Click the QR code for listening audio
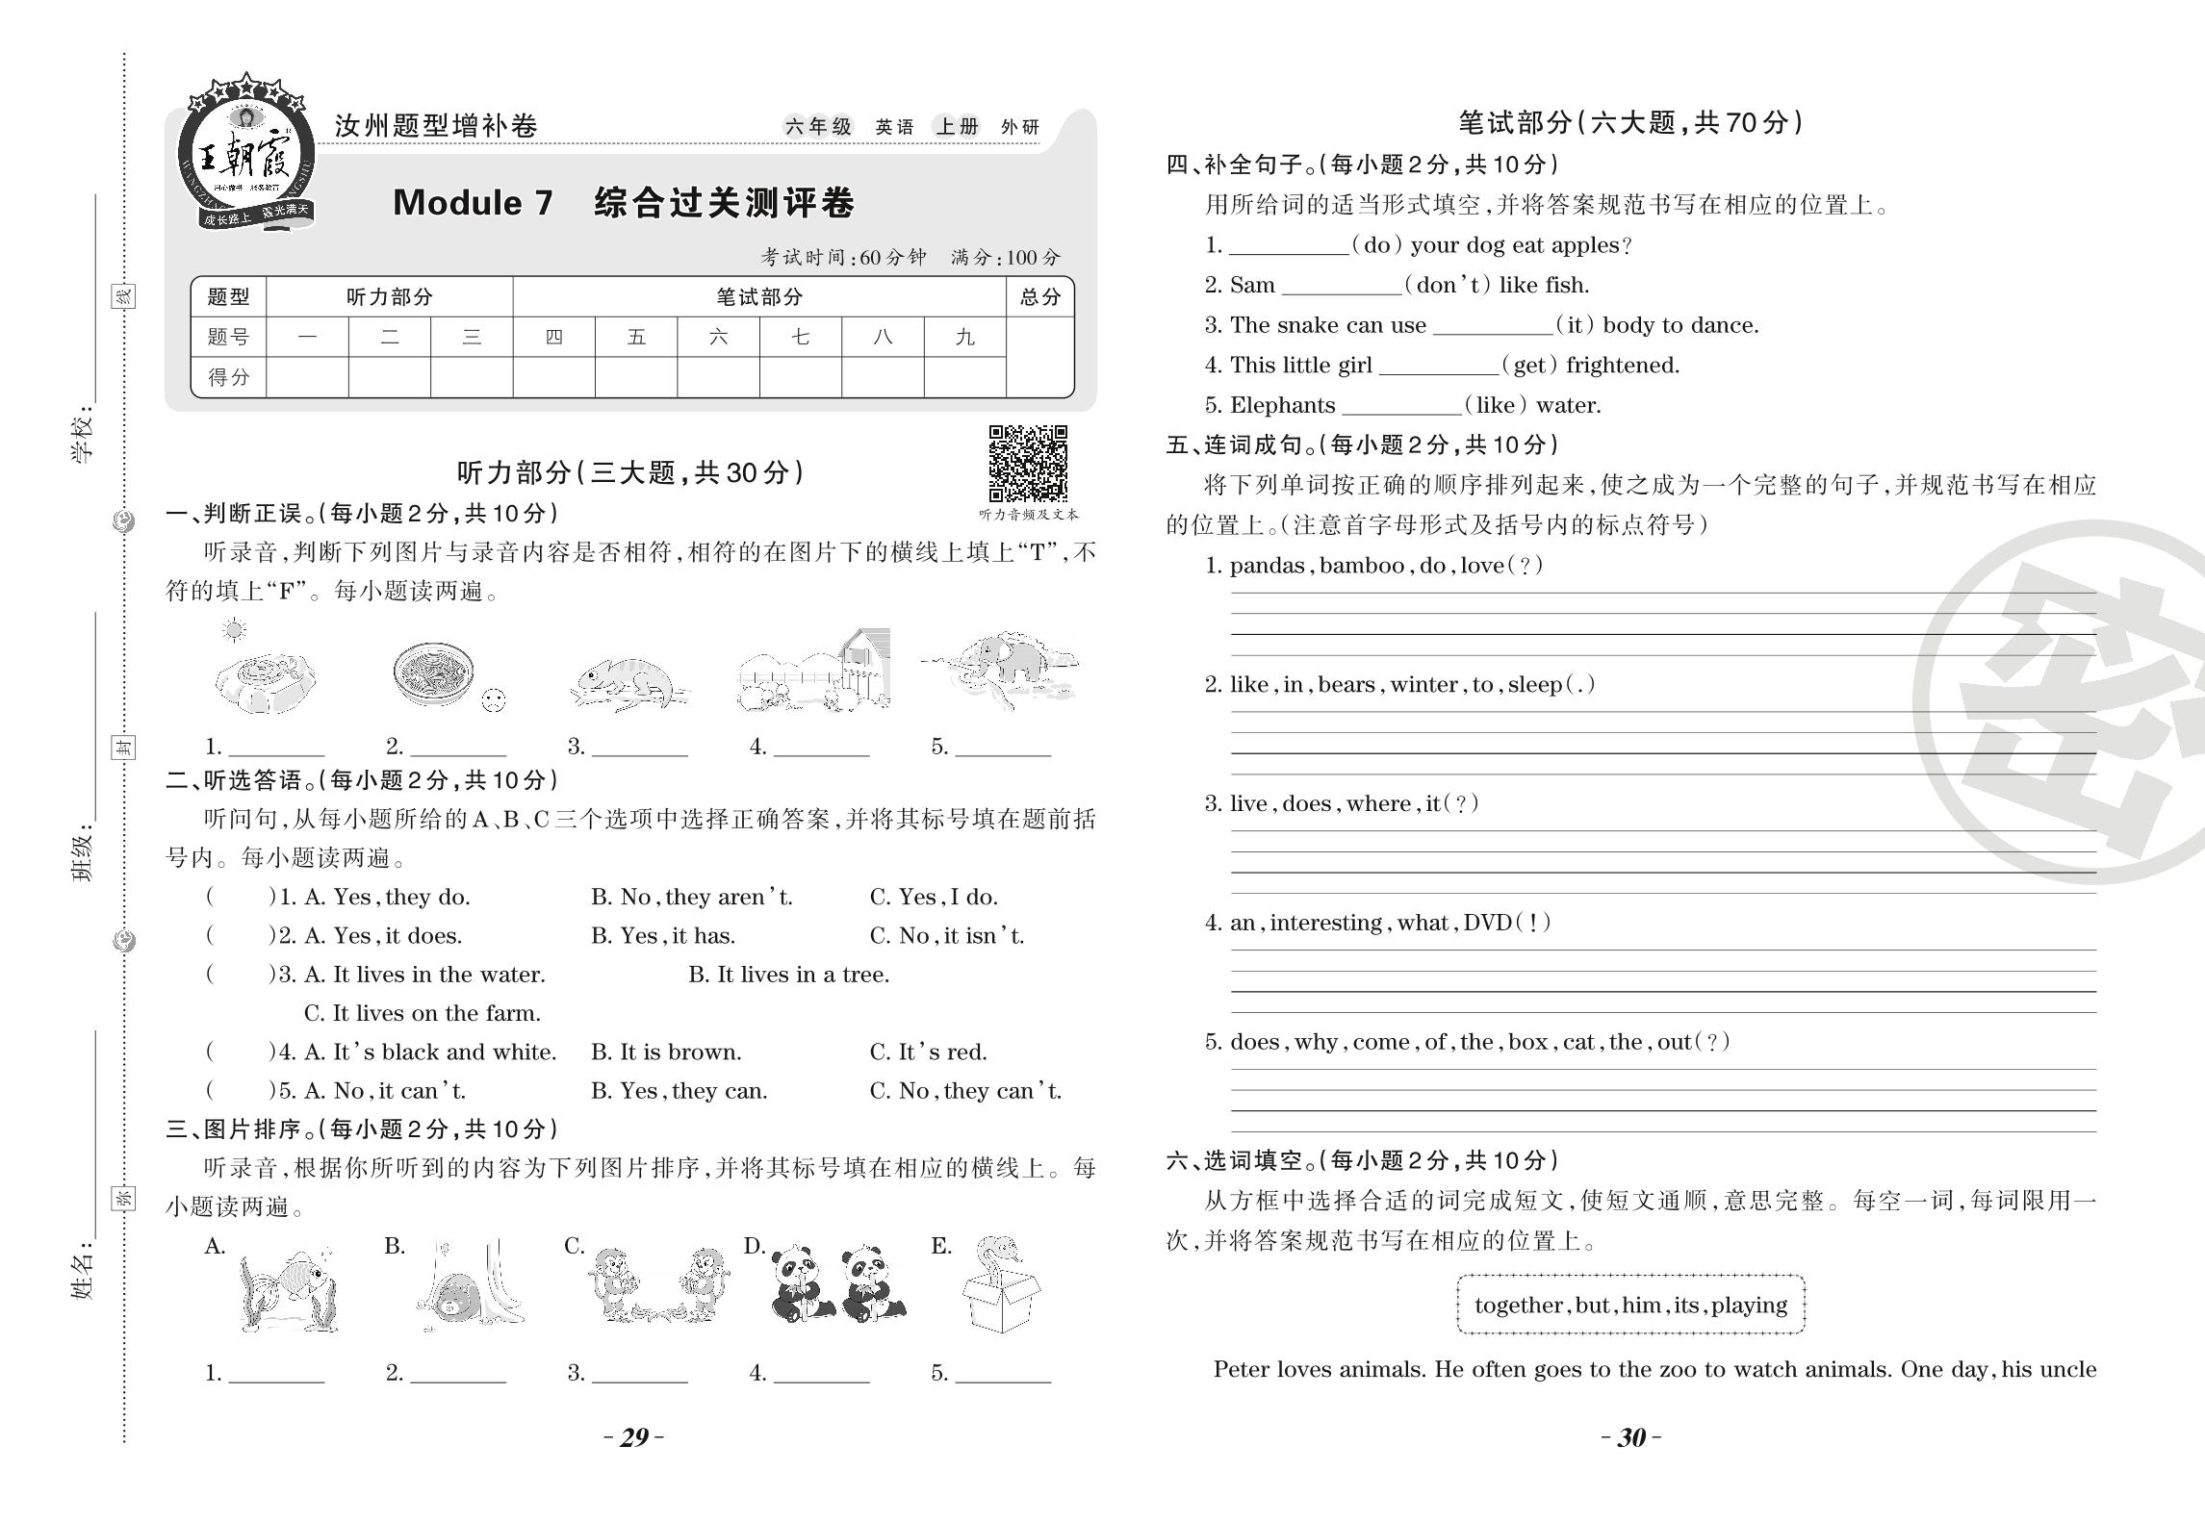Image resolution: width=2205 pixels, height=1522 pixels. [x=1028, y=464]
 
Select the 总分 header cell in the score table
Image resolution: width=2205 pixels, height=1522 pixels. [x=1039, y=297]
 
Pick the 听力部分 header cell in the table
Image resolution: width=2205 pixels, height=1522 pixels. [x=389, y=297]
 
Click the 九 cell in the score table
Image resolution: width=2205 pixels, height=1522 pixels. [x=964, y=338]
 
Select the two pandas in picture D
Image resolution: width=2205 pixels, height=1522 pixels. [x=837, y=1283]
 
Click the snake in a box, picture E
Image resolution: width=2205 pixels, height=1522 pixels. [x=1000, y=1285]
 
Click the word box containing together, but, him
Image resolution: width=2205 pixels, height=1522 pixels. [x=1630, y=1306]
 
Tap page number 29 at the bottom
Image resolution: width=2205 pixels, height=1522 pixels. [x=633, y=1437]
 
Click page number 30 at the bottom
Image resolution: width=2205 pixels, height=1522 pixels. [x=1630, y=1437]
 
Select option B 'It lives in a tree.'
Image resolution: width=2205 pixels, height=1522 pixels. [x=788, y=975]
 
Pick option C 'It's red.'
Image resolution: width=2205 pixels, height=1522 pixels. [x=928, y=1053]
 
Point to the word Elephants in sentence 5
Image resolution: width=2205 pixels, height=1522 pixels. [x=1282, y=405]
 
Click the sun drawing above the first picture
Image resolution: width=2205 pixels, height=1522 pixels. [x=233, y=631]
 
